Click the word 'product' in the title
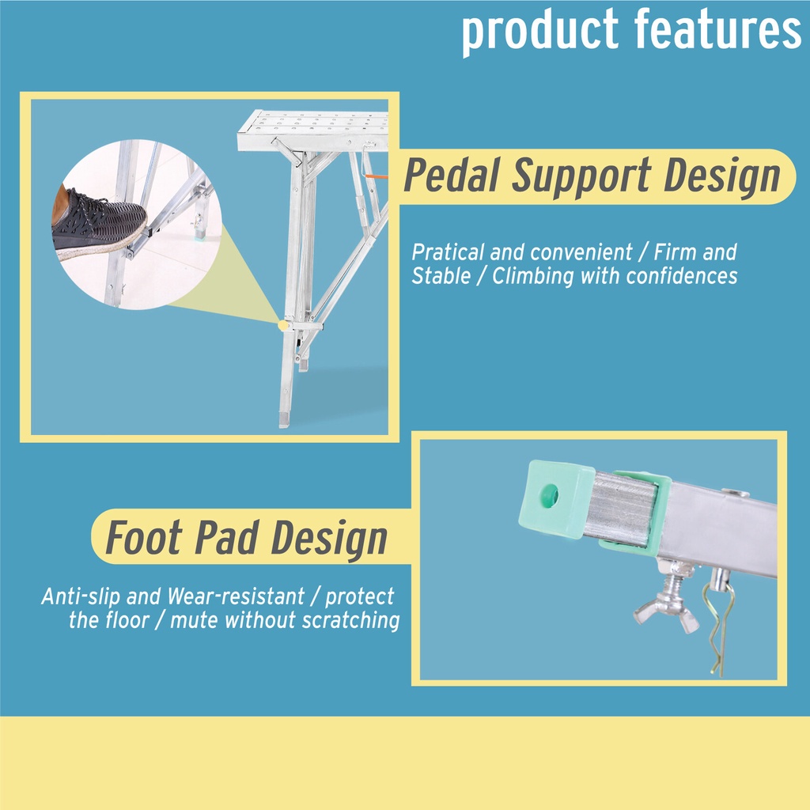coord(539,31)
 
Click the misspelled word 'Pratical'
coord(448,252)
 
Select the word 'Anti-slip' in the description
coord(80,596)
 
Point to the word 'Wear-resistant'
coord(236,596)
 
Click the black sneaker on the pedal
coord(98,222)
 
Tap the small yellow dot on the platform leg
coord(283,325)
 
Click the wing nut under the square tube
coord(666,604)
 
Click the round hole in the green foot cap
coord(549,496)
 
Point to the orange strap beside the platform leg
coord(376,176)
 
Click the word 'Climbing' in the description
coord(532,276)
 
